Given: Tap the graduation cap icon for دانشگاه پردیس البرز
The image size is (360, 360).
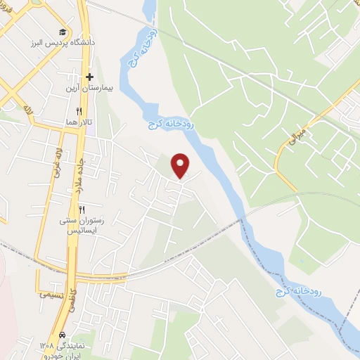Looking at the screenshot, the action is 63,32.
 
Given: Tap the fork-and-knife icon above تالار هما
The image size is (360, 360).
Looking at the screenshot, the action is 79,110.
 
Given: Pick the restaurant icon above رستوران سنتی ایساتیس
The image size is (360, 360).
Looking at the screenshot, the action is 82,210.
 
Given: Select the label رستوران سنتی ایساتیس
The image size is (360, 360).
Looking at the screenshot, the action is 82,226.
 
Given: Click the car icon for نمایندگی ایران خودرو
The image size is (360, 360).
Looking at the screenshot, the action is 63,334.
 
